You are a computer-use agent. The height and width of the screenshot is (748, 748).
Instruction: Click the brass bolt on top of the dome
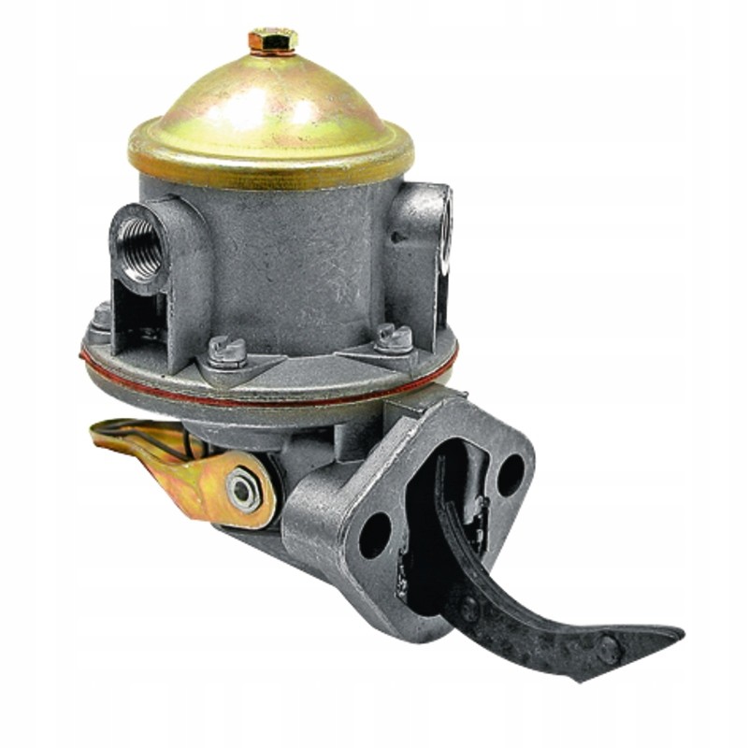(x=272, y=40)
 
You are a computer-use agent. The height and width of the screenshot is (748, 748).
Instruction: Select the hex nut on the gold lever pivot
(x=243, y=488)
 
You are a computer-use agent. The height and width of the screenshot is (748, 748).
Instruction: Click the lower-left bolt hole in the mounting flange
(x=375, y=535)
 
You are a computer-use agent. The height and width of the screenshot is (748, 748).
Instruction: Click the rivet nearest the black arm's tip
(x=609, y=647)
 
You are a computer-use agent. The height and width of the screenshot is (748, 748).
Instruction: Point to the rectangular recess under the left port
(x=140, y=313)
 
